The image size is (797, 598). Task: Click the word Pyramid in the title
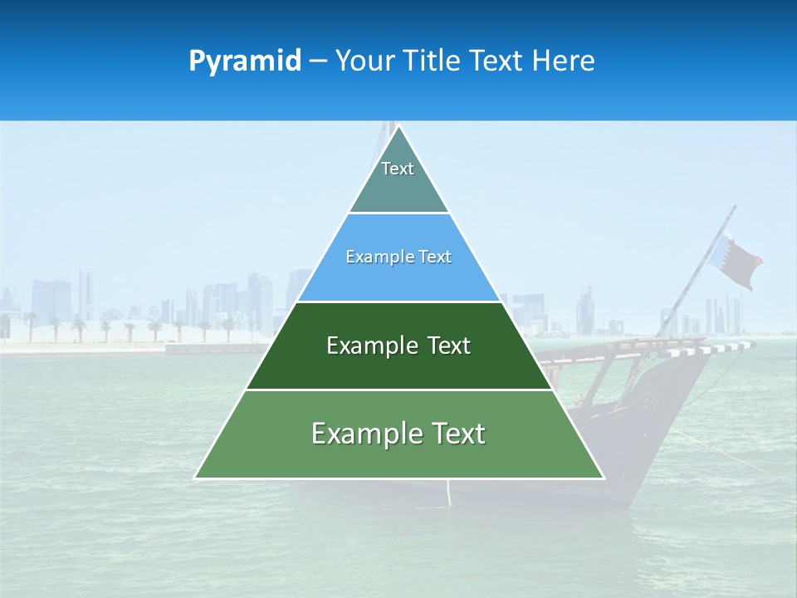(244, 61)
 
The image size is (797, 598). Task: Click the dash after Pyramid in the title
(317, 61)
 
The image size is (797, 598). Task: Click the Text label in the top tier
(398, 169)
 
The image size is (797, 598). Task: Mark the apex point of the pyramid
(398, 126)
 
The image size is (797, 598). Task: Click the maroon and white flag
(736, 262)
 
